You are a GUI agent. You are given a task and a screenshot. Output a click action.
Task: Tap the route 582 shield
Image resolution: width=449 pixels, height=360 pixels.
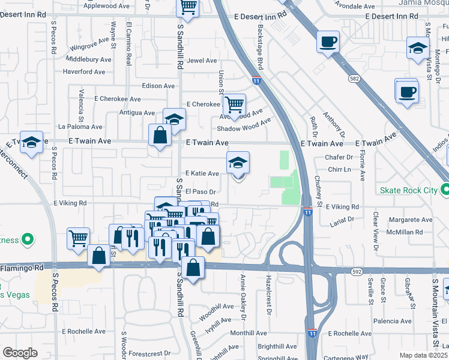(356, 78)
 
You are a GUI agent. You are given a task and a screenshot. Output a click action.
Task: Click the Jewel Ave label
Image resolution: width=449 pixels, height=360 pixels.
(202, 61)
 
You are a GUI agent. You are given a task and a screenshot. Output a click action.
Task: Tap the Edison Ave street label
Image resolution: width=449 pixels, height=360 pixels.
(158, 86)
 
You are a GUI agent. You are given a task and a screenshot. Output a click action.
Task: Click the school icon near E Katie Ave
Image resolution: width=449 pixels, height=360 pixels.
(238, 163)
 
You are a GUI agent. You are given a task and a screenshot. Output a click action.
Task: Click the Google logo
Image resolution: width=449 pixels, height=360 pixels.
(19, 353)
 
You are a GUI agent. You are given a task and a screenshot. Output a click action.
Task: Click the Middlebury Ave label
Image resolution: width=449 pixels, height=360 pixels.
(89, 59)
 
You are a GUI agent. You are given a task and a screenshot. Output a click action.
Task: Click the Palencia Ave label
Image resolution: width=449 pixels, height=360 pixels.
(407, 321)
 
